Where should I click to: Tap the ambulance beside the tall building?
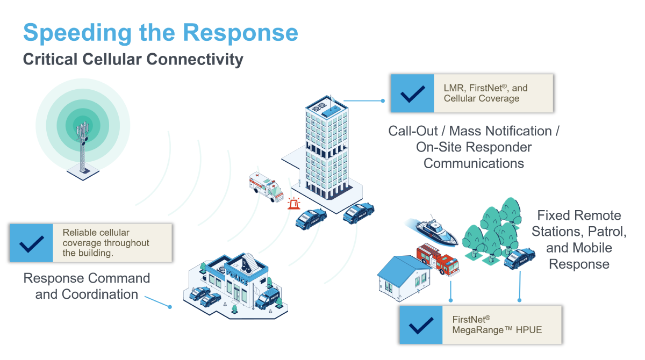[x=266, y=186]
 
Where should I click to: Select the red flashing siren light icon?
[x=293, y=204]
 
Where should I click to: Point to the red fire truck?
[x=438, y=259]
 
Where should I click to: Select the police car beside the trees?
[x=519, y=258]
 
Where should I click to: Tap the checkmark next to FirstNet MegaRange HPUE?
[x=421, y=325]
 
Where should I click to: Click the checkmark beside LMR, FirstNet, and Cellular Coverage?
[x=412, y=93]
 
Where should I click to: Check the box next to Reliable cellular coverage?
[x=32, y=243]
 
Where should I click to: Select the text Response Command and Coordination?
[x=87, y=286]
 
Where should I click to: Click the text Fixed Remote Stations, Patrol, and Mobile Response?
[x=579, y=240]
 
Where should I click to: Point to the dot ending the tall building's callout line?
[x=383, y=100]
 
